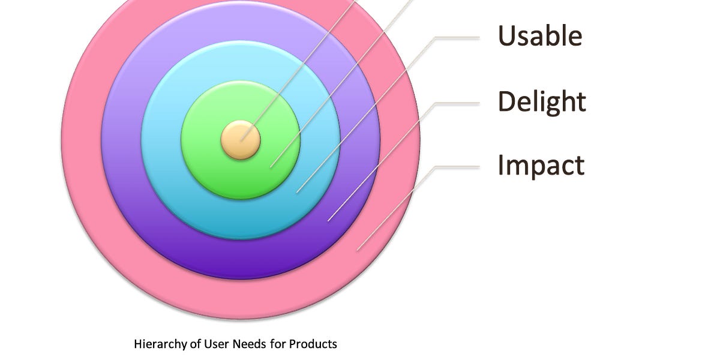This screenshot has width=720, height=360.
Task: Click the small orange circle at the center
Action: tap(241, 140)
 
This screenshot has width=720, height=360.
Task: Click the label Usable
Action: tap(540, 36)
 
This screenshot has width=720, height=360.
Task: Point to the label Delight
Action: tap(542, 101)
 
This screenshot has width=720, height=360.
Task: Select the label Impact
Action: tap(541, 165)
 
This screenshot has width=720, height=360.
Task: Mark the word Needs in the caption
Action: tap(239, 344)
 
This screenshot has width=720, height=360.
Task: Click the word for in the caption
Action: tap(277, 344)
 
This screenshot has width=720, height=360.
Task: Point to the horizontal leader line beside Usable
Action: tap(457, 37)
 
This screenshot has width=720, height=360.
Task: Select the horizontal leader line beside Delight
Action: tap(457, 103)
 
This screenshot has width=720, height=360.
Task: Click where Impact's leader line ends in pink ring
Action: tap(358, 250)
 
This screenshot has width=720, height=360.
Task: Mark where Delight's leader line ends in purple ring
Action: tap(328, 221)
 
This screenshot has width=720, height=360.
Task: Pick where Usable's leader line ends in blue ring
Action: tap(298, 192)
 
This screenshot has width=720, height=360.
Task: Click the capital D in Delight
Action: tap(507, 101)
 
